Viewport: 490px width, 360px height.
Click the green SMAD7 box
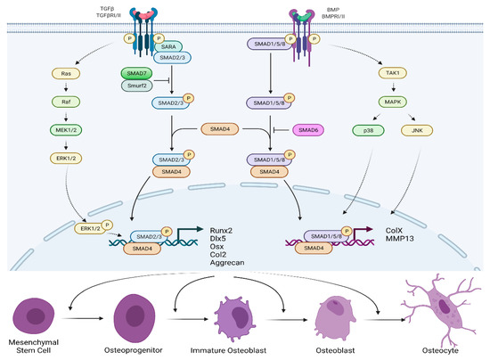pyautogui.click(x=139, y=72)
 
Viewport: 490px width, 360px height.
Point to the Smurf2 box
pyautogui.click(x=139, y=86)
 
